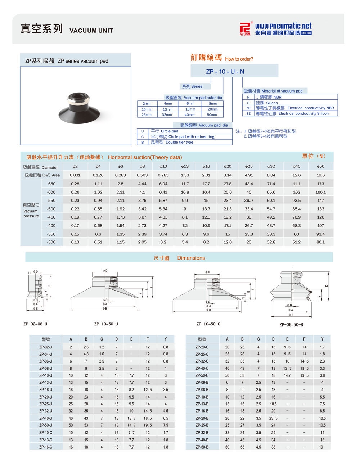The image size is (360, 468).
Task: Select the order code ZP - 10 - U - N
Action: pos(225,72)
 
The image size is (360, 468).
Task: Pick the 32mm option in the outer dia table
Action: pos(167,115)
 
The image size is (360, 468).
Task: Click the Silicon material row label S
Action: pos(248,103)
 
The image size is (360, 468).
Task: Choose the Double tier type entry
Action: pos(179,142)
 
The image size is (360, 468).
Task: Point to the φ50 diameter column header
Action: pos(320,166)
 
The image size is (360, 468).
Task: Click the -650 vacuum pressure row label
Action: pos(51,184)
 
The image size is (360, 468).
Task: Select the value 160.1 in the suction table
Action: pos(320,192)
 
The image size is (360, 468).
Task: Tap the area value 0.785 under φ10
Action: pos(163,175)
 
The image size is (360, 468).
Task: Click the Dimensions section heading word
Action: pos(191,258)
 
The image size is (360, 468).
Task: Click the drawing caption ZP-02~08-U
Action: pos(35,324)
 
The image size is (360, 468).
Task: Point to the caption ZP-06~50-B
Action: pos(291,325)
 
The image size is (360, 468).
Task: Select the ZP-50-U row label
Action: pos(46,425)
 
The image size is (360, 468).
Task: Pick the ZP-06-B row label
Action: pos(202,382)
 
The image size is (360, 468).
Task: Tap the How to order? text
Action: pos(239,59)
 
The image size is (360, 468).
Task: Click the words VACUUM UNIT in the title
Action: pos(91,31)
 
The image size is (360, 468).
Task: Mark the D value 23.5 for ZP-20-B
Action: pos(273,418)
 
